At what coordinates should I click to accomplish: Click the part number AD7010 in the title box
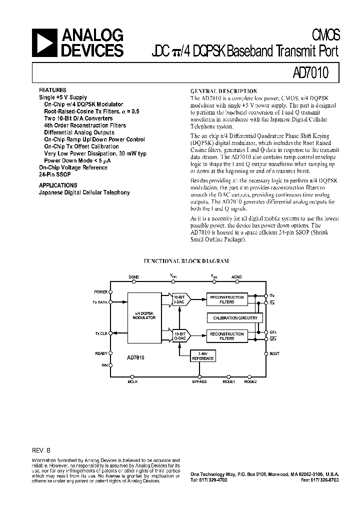pos(310,73)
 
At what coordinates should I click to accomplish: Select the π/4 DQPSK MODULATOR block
pos(145,315)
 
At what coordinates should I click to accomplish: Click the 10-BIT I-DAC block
pos(179,299)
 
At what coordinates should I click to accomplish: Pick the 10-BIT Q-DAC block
pos(179,335)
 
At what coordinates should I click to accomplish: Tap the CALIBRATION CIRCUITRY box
pos(235,318)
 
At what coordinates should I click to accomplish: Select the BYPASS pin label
pos(199,382)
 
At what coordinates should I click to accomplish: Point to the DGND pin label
pos(134,276)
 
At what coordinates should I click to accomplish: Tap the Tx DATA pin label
pos(100,302)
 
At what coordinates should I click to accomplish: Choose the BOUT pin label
pos(274,353)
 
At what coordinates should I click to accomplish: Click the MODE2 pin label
pos(250,382)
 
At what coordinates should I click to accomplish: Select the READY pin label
pos(101,353)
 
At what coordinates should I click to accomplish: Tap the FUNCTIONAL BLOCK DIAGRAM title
pos(186,261)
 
